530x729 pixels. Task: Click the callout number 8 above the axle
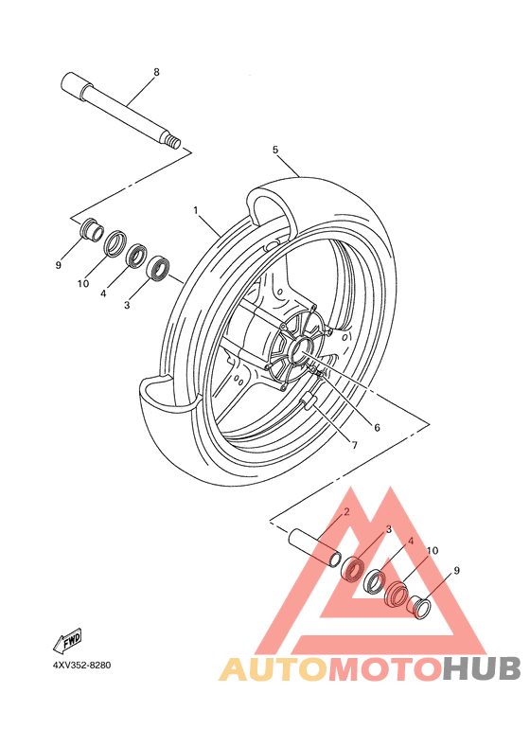[156, 72]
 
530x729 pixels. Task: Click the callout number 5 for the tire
[275, 150]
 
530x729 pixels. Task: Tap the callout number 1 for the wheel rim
[196, 210]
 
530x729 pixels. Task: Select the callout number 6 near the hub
[377, 427]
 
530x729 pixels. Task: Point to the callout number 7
[354, 445]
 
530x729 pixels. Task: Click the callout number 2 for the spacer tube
[346, 512]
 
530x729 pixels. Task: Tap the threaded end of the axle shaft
[174, 142]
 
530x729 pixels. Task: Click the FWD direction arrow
[68, 640]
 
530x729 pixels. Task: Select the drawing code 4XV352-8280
[81, 666]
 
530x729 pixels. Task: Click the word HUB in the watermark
[482, 668]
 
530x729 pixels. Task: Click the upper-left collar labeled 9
[91, 230]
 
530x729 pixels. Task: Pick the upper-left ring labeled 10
[115, 242]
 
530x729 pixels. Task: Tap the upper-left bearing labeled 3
[158, 268]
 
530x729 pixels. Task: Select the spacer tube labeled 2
[315, 548]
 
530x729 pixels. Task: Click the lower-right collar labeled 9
[420, 607]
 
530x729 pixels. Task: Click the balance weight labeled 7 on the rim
[309, 400]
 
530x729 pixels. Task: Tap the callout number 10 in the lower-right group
[432, 550]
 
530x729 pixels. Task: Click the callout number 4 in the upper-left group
[103, 293]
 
